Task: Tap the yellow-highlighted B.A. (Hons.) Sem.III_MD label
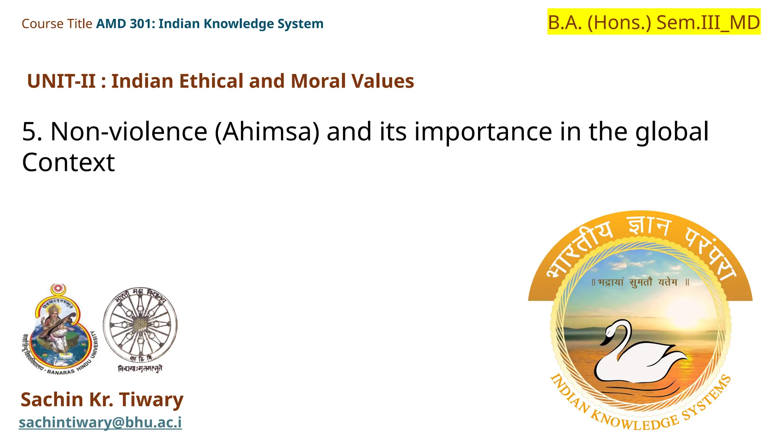pos(653,22)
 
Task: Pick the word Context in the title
pos(68,162)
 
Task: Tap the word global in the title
pos(672,132)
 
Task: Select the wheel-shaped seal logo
pos(140,325)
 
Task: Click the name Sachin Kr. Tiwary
pos(102,399)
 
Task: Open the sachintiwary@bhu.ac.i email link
pos(100,422)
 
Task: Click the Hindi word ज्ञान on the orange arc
pos(649,227)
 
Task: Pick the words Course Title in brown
pos(57,24)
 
